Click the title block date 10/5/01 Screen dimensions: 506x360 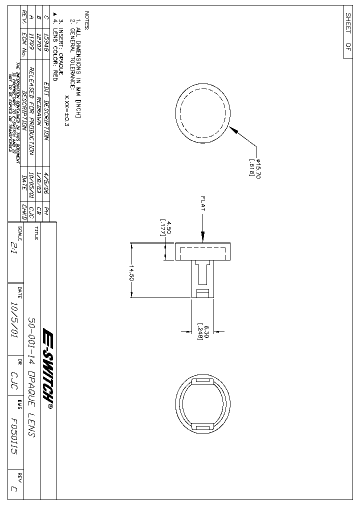click(14, 321)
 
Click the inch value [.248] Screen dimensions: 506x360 click(200, 331)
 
